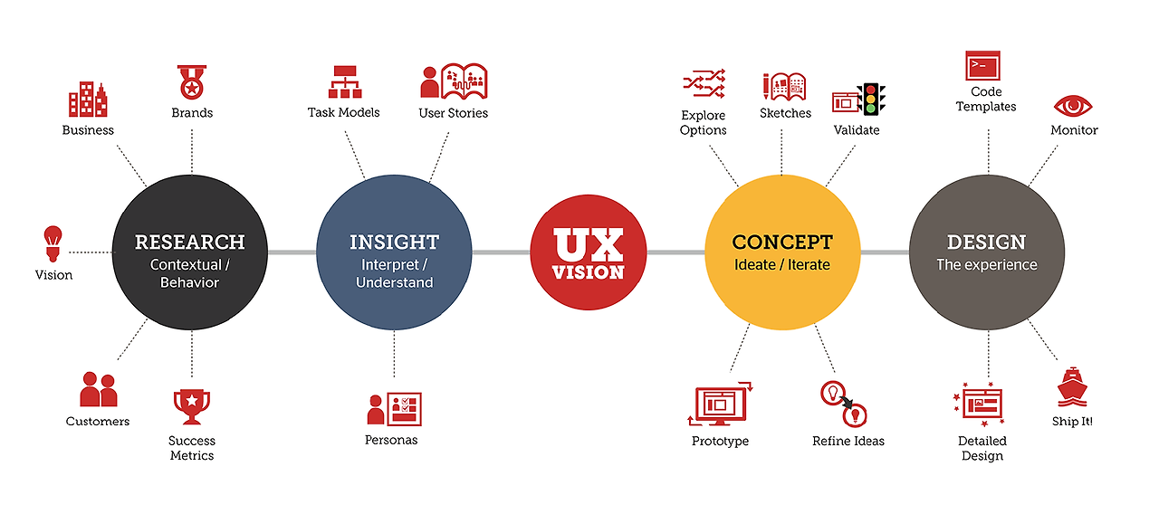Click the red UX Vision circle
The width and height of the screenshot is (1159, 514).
pyautogui.click(x=589, y=253)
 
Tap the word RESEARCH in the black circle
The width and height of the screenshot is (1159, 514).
pyautogui.click(x=190, y=243)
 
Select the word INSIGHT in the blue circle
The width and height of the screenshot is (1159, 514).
pyautogui.click(x=394, y=243)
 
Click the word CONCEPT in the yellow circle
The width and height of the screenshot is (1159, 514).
pyautogui.click(x=782, y=243)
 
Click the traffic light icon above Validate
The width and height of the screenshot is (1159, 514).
pyautogui.click(x=871, y=99)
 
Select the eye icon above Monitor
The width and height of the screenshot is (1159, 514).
pyautogui.click(x=1073, y=106)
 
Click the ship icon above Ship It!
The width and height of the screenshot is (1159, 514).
pyautogui.click(x=1072, y=386)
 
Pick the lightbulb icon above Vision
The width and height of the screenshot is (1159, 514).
pyautogui.click(x=53, y=242)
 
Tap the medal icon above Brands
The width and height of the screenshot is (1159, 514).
pyautogui.click(x=191, y=82)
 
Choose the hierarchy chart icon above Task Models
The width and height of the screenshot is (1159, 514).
pyautogui.click(x=344, y=82)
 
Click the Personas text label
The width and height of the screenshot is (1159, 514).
pyautogui.click(x=391, y=441)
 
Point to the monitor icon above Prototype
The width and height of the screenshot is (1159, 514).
pyautogui.click(x=721, y=404)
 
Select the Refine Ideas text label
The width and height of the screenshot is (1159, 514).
pyautogui.click(x=848, y=442)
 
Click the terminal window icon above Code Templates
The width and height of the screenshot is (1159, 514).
pyautogui.click(x=982, y=65)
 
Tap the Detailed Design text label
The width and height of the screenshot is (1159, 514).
pyautogui.click(x=982, y=449)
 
